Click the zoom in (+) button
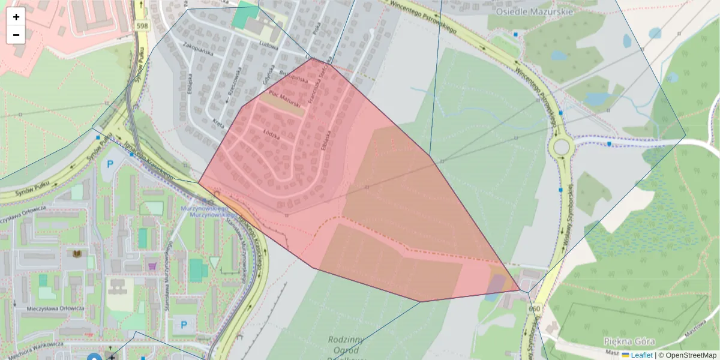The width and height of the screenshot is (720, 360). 16,17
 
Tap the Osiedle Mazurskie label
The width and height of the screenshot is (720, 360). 535,11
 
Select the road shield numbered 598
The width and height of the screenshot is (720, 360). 142,26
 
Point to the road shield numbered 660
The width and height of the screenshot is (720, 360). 535,308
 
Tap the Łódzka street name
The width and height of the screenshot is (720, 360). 271,133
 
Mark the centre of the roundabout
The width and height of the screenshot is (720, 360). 562,146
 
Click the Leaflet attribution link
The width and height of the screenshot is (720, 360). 641,355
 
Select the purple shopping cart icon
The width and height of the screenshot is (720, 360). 152,265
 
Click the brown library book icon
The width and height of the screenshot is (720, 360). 77,254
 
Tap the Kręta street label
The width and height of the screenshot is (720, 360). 218,122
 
